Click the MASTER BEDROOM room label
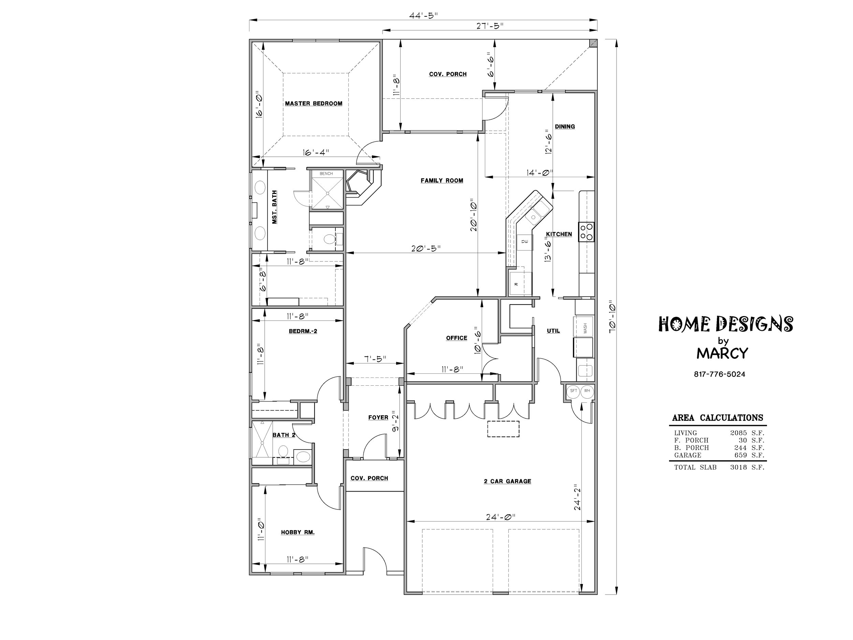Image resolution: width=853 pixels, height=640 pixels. coord(314,103)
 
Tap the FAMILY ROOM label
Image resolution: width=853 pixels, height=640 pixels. coord(442,181)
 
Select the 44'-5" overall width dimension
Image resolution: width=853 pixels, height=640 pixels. coord(423,15)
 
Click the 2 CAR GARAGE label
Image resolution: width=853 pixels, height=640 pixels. coord(507,481)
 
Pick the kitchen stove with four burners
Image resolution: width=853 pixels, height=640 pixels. coord(586,232)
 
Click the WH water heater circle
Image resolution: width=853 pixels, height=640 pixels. coord(587,391)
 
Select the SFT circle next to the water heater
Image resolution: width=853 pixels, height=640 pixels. coord(574,391)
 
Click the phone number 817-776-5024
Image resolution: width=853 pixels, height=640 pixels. coord(720,374)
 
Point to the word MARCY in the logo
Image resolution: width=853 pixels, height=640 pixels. coord(722,353)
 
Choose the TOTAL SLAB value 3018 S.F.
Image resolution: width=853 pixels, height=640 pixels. coord(747,467)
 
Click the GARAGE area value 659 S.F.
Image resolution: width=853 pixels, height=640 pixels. coord(749,455)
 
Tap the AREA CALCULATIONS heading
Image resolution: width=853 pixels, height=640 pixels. coord(718,418)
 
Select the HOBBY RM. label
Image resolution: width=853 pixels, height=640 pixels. coord(298,532)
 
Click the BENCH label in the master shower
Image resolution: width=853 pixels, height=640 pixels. coord(326,174)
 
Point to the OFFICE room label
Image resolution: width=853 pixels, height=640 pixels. coord(457,338)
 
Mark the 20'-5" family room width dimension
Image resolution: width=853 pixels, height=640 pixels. coord(426,248)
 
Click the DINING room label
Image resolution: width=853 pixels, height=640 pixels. coord(565,127)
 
